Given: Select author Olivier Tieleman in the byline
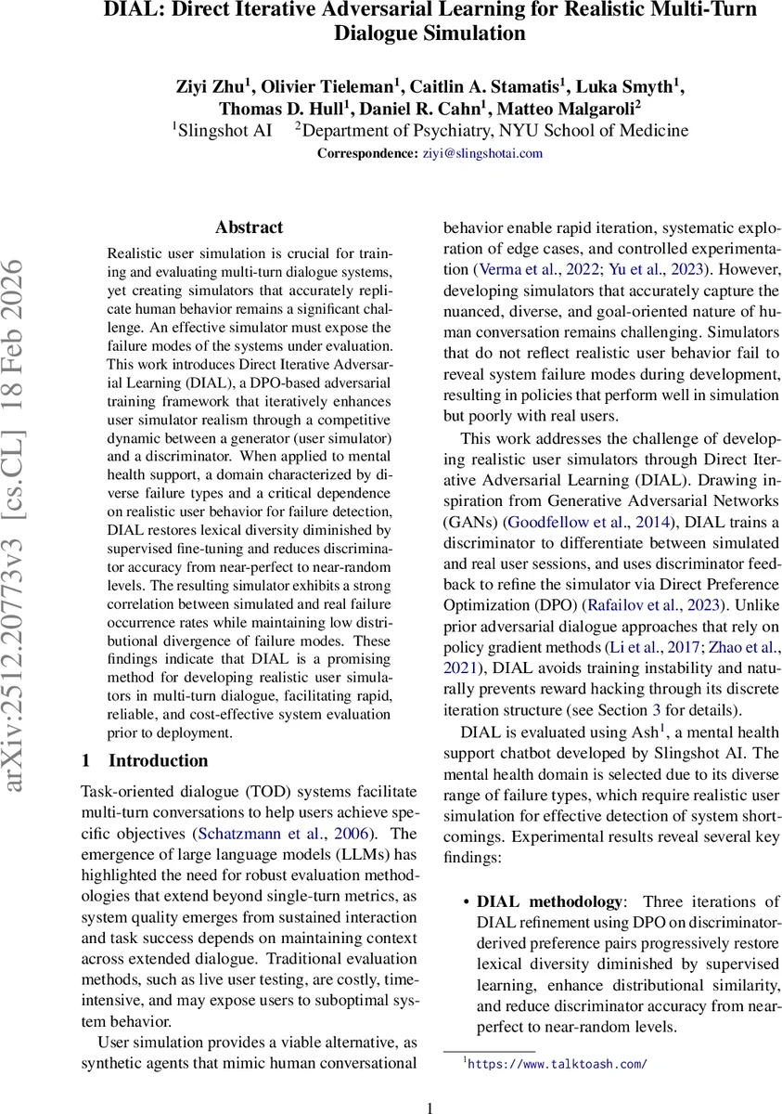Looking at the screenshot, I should click(327, 87).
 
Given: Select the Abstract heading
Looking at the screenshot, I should click(249, 227).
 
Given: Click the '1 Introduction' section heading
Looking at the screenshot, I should click(145, 761).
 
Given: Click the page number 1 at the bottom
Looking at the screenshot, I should click(429, 1107).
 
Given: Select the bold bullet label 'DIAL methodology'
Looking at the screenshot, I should click(551, 902).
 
